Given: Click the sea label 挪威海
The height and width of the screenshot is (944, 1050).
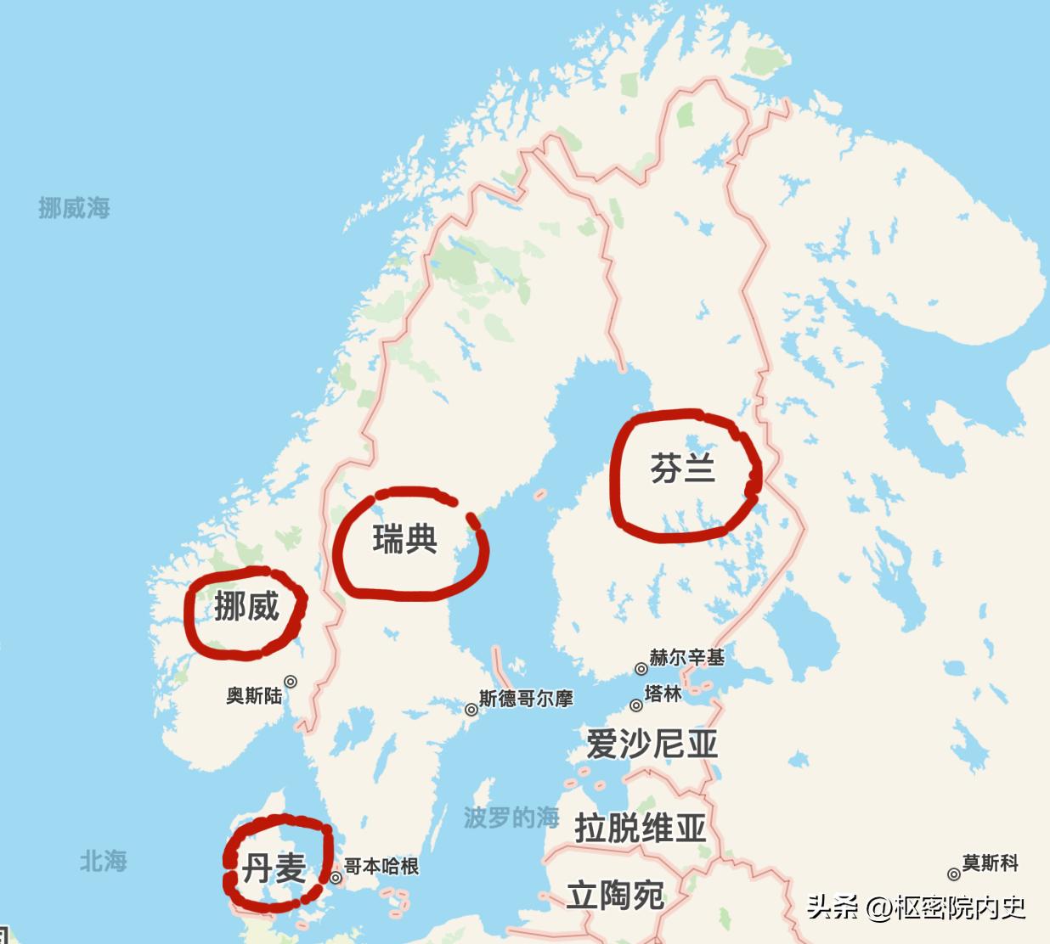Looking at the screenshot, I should pos(74,208).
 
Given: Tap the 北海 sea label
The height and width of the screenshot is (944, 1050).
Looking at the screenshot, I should pos(104,861).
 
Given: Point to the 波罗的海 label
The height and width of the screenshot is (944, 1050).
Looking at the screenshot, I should pos(511,818).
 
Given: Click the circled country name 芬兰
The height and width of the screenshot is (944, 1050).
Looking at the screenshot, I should pos(683,469).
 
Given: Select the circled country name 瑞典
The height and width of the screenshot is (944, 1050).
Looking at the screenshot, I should pos(405,540).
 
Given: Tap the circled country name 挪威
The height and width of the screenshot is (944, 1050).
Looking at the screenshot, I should pos(246,607).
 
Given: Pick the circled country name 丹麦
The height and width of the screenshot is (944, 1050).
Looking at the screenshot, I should pos(274,868).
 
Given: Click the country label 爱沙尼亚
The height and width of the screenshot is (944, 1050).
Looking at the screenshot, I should pos(652,745).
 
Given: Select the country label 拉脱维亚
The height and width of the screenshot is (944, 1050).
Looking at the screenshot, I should pos(641,827).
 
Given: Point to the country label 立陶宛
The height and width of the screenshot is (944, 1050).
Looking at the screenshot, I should pos(615,895).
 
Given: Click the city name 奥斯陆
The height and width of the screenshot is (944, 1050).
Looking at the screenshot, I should pos(253,696).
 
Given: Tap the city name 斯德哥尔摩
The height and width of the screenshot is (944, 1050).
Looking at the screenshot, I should pos(526,699).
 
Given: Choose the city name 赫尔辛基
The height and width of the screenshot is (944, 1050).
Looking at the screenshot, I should pos(686,657).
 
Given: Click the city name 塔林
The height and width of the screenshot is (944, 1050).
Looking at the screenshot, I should pos(663,694).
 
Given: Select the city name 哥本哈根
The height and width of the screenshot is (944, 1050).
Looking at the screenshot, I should pos(381,867).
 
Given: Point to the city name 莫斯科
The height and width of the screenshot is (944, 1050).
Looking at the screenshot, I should pos(990,863).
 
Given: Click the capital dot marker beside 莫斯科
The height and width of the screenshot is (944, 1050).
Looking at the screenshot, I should pos(954,874).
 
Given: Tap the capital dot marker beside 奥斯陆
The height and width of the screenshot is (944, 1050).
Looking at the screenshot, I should pos(291,681).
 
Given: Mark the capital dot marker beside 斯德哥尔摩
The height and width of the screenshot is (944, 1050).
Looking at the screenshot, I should pos(471,710).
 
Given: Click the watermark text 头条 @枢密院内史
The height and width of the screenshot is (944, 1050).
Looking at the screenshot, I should pos(916,908).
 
